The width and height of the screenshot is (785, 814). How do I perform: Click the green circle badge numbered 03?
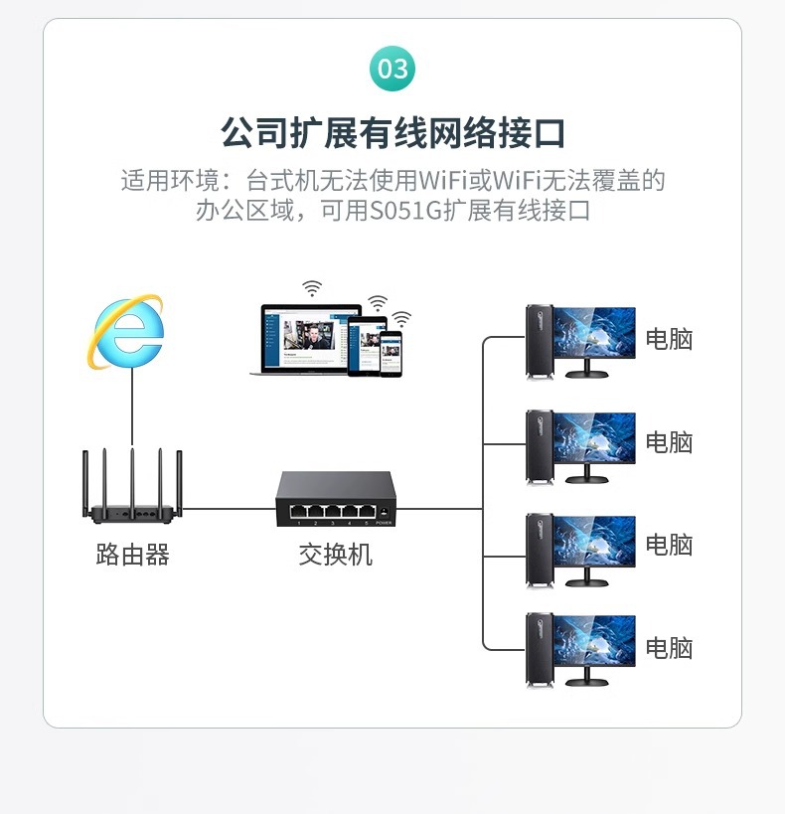[x=392, y=69]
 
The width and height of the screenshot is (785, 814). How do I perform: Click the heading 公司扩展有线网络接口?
[x=392, y=132]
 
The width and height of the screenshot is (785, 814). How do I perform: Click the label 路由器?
[x=132, y=554]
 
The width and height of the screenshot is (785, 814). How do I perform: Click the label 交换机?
[x=335, y=554]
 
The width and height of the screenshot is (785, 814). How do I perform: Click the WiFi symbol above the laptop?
[x=313, y=288]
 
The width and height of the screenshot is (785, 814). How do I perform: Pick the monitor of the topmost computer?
[x=594, y=334]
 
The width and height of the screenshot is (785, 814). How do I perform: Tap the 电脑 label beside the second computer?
[x=669, y=441]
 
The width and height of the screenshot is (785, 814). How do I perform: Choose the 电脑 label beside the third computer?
[x=669, y=545]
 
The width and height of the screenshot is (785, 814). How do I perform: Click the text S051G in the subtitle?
[x=405, y=211]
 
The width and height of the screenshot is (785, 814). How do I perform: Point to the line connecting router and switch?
[x=230, y=509]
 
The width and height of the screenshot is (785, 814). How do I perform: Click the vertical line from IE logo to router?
[x=131, y=407]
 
